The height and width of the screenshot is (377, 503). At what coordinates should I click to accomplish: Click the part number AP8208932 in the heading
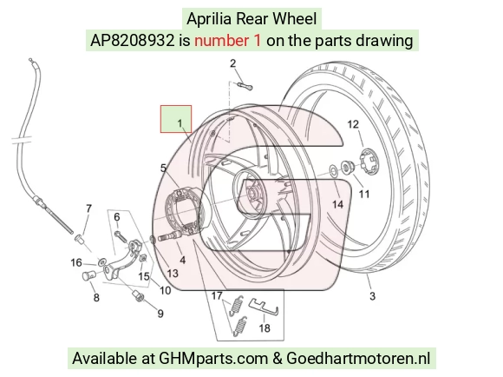[x=133, y=41]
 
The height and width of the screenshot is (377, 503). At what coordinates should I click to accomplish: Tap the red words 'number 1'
[x=228, y=41]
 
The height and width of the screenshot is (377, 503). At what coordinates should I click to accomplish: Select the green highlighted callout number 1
[x=180, y=123]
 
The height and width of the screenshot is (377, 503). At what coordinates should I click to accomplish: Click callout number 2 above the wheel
[x=233, y=63]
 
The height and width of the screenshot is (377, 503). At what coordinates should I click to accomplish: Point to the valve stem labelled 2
[x=245, y=86]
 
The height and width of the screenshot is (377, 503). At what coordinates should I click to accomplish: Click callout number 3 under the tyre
[x=372, y=295]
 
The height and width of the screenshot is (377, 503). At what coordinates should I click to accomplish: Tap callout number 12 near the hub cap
[x=353, y=124]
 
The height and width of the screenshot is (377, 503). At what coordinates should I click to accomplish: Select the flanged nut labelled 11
[x=348, y=167]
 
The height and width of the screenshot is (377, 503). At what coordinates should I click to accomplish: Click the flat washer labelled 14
[x=334, y=170]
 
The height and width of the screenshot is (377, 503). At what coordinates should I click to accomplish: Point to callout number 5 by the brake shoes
[x=164, y=169]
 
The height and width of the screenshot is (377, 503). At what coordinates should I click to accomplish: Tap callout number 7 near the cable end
[x=88, y=208]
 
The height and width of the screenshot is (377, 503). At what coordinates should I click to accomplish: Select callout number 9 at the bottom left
[x=160, y=314]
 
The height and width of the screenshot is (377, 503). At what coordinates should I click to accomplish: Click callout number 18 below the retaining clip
[x=265, y=327]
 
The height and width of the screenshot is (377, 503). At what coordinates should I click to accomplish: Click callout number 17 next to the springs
[x=217, y=295]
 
